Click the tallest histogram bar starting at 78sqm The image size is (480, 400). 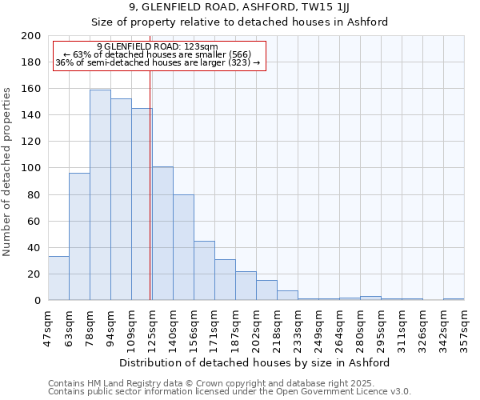100,195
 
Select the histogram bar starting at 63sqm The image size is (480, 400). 79,237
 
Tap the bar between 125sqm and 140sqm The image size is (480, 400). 162,234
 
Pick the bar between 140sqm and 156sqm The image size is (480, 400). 183,247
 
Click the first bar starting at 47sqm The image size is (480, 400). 58,278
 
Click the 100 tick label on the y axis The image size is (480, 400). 30,168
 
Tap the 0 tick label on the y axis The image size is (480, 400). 37,301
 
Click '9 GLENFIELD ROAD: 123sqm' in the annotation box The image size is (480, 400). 157,47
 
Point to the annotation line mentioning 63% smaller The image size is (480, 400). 157,54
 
